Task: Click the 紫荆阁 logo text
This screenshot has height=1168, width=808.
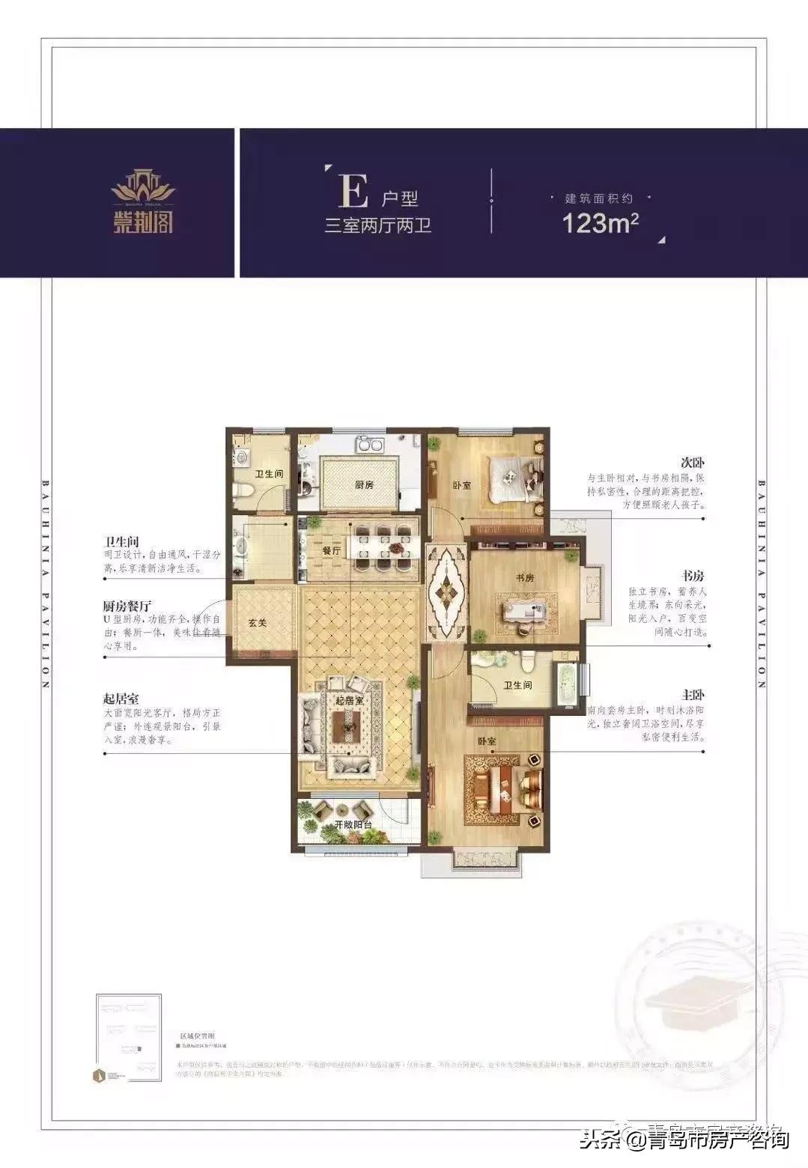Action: point(143,221)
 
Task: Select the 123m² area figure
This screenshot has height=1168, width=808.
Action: point(600,223)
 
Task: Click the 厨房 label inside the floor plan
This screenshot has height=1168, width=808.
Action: point(364,484)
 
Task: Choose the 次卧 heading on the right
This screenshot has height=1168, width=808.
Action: point(693,463)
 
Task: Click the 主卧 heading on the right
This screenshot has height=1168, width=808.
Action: point(693,695)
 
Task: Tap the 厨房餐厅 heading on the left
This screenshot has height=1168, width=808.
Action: point(127,606)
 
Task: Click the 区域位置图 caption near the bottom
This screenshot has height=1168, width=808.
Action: point(197,1032)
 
